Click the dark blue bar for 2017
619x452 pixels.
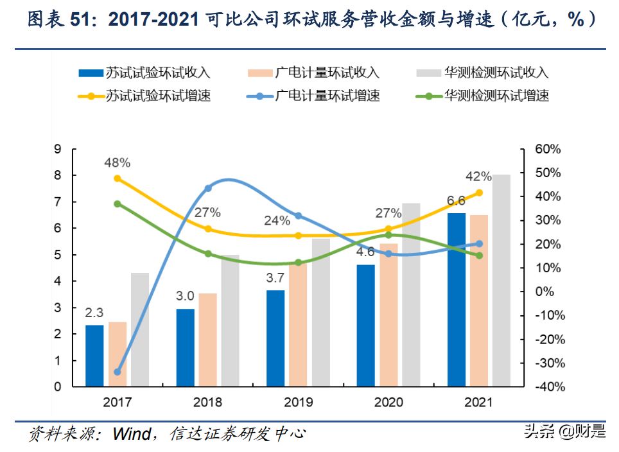click(94, 356)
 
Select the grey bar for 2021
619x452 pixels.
click(501, 281)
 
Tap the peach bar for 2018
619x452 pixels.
click(207, 340)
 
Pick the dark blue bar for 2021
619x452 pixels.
click(457, 300)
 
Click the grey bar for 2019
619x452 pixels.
click(320, 313)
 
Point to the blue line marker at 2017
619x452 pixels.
click(118, 372)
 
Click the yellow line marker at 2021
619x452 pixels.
click(479, 193)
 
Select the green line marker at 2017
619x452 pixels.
click(118, 204)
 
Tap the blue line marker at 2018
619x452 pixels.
click(208, 188)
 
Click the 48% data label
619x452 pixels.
click(118, 162)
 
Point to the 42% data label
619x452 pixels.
click(479, 177)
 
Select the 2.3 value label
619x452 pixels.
click(94, 313)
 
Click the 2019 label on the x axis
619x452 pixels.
click(298, 403)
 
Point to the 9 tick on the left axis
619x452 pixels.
click(58, 149)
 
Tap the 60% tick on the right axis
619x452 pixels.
click(548, 149)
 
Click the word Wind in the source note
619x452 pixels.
click(131, 433)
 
